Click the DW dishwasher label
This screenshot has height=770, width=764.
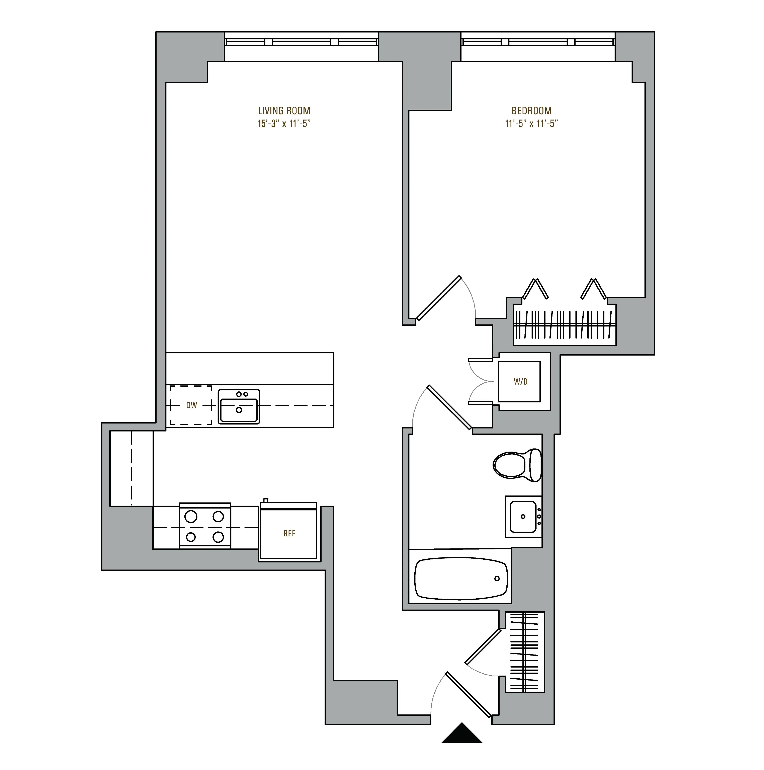click(x=191, y=405)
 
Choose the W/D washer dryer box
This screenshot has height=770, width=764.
click(x=520, y=382)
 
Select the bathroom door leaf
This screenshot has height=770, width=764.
click(x=449, y=407)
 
